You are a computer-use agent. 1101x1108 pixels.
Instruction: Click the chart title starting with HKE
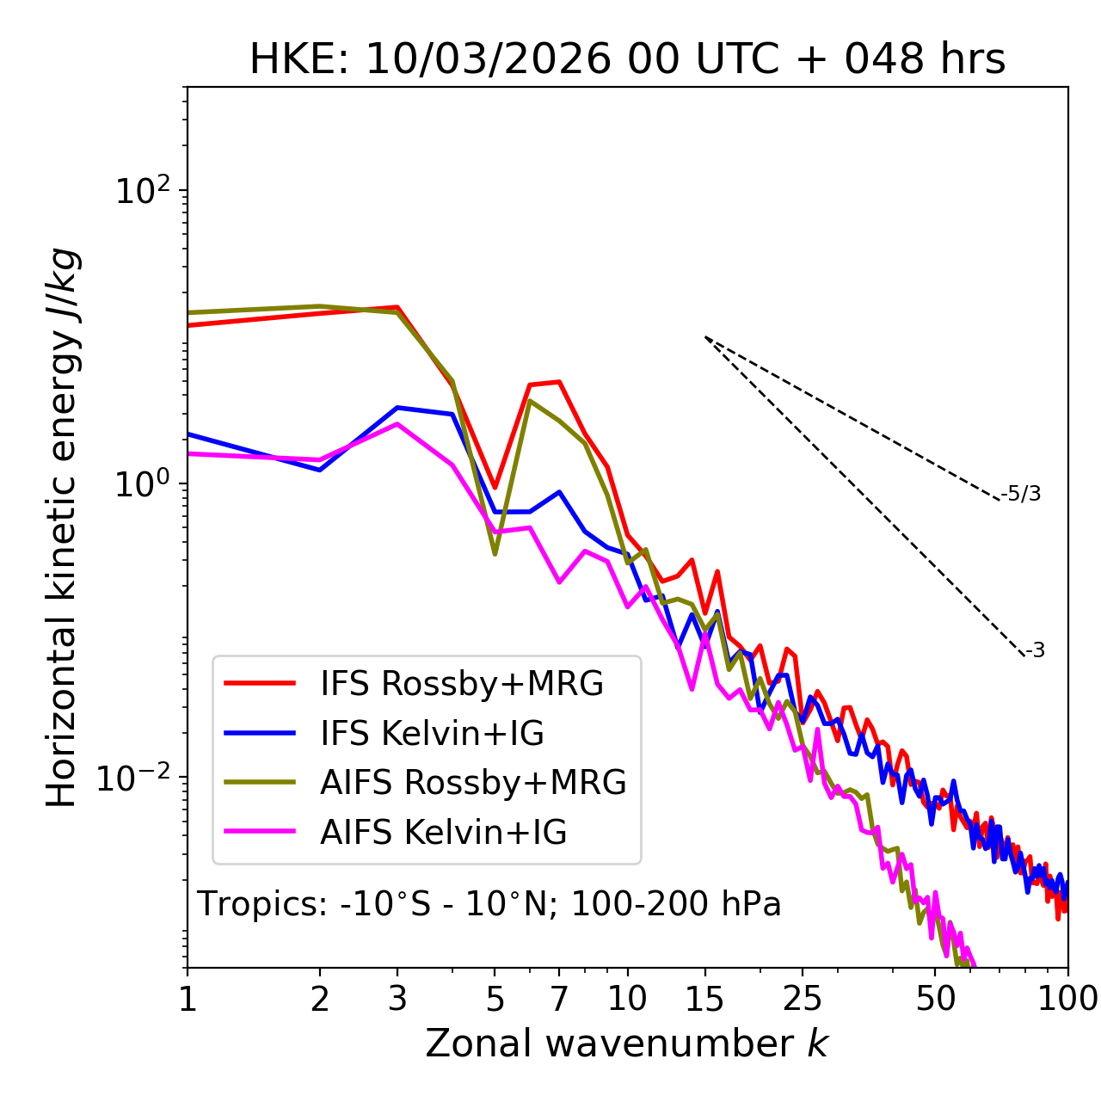(627, 58)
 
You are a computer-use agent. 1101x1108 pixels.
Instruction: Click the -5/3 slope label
(1020, 494)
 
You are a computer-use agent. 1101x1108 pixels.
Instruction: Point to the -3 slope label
(1035, 650)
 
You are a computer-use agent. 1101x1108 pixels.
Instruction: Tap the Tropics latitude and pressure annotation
(489, 903)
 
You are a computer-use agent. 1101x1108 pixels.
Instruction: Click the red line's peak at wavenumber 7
(559, 381)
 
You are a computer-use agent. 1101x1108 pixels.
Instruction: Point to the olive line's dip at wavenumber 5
(495, 554)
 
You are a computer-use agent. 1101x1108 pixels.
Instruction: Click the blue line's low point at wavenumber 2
(320, 471)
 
